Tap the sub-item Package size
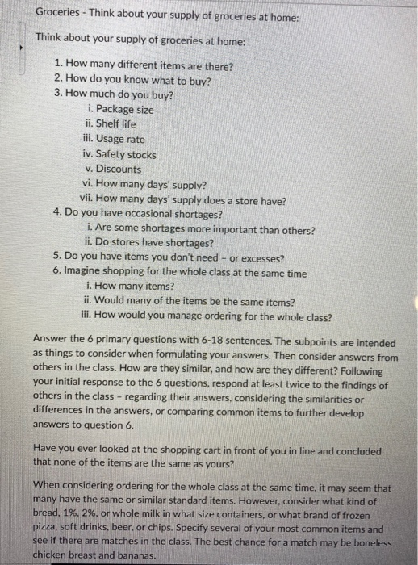pos(119,109)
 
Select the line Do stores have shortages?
pos(149,244)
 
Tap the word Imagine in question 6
pos(86,274)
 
